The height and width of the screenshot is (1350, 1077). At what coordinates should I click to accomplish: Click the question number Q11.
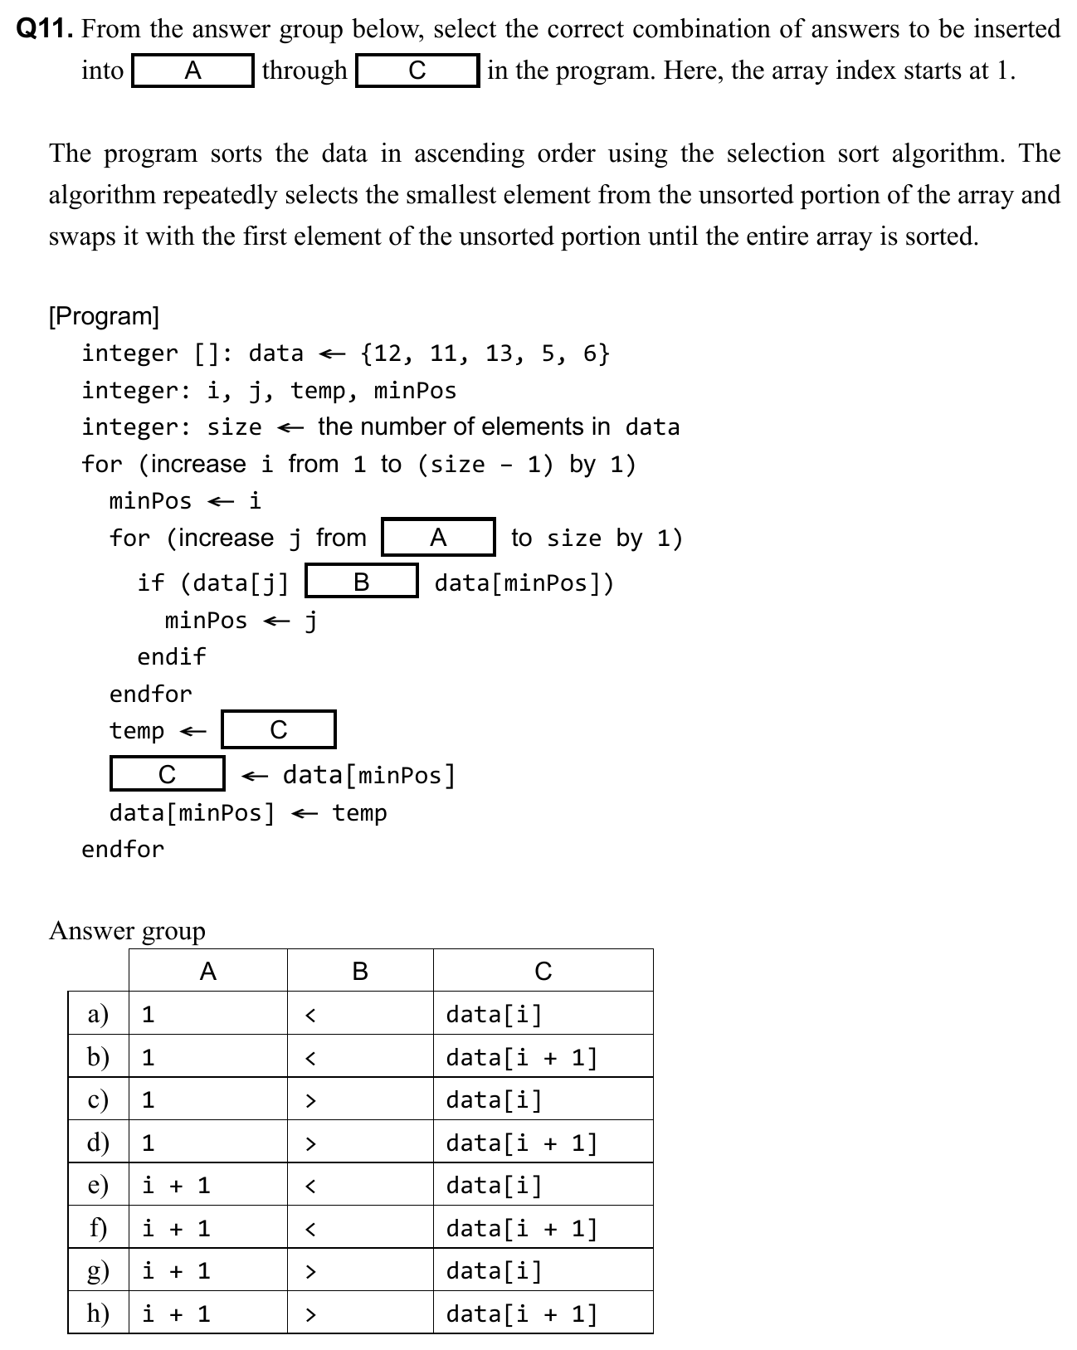46,30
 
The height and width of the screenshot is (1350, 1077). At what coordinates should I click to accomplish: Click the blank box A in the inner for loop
438,538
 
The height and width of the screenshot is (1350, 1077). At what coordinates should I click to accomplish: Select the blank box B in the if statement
361,582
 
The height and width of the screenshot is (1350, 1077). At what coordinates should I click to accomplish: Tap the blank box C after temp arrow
279,730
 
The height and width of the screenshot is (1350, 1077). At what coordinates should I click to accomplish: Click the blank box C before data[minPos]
167,774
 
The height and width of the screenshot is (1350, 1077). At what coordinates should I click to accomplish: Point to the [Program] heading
104,316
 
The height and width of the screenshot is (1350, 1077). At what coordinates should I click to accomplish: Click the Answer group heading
127,931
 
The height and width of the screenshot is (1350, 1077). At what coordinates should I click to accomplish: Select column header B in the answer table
360,971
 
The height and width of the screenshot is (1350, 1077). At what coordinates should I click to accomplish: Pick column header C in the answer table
543,971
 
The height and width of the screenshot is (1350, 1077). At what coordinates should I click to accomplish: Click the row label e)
99,1185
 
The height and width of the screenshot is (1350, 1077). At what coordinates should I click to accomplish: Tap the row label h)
99,1313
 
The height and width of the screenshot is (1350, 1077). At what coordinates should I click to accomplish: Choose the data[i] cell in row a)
494,1014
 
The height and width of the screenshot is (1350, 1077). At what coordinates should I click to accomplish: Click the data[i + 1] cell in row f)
521,1228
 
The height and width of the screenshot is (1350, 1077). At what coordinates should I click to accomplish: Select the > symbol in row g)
310,1271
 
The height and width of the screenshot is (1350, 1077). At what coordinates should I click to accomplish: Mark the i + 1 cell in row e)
176,1185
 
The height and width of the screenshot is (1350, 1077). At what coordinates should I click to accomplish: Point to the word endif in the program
171,656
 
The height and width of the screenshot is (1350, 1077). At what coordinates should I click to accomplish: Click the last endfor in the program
123,849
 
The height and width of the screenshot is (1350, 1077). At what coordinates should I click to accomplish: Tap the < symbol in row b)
310,1058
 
